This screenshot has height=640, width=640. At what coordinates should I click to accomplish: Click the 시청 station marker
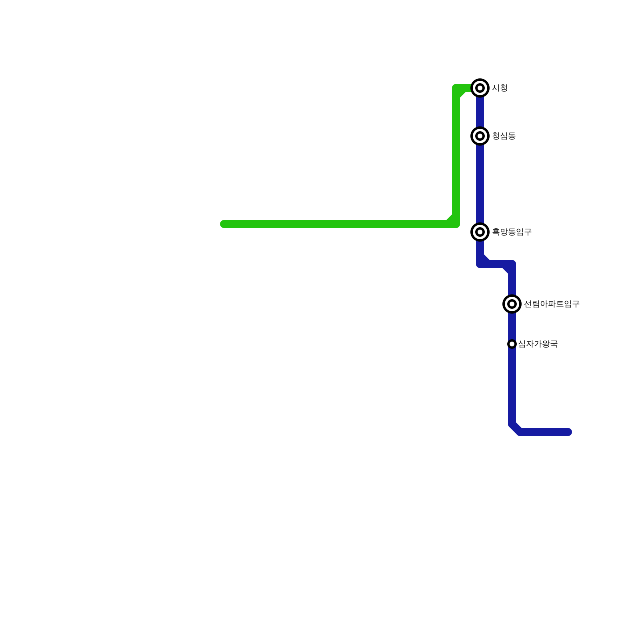[x=480, y=88]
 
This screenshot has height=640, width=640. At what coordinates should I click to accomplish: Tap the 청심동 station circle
[x=480, y=136]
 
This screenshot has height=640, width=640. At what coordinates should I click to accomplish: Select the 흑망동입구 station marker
[x=480, y=232]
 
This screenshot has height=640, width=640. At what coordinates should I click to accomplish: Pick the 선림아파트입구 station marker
[x=512, y=304]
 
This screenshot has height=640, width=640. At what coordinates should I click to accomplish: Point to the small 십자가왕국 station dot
[x=512, y=344]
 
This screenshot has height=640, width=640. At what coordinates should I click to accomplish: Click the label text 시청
[x=500, y=88]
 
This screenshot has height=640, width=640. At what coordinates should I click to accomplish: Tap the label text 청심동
[x=504, y=136]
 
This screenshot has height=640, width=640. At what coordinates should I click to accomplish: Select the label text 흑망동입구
[x=512, y=232]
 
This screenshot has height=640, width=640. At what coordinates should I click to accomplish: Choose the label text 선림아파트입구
[x=552, y=304]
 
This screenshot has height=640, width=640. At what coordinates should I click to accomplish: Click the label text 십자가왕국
[x=538, y=344]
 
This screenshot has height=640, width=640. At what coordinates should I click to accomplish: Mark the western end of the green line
[x=224, y=224]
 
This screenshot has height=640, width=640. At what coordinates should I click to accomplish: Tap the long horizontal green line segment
[x=336, y=224]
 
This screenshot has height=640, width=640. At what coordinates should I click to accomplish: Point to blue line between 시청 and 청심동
[x=480, y=112]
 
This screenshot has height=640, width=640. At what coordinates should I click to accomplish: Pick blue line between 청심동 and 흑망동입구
[x=480, y=184]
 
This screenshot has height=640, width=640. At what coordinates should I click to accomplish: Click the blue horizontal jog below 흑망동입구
[x=496, y=264]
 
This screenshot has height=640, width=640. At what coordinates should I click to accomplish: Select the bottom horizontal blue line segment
[x=544, y=432]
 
